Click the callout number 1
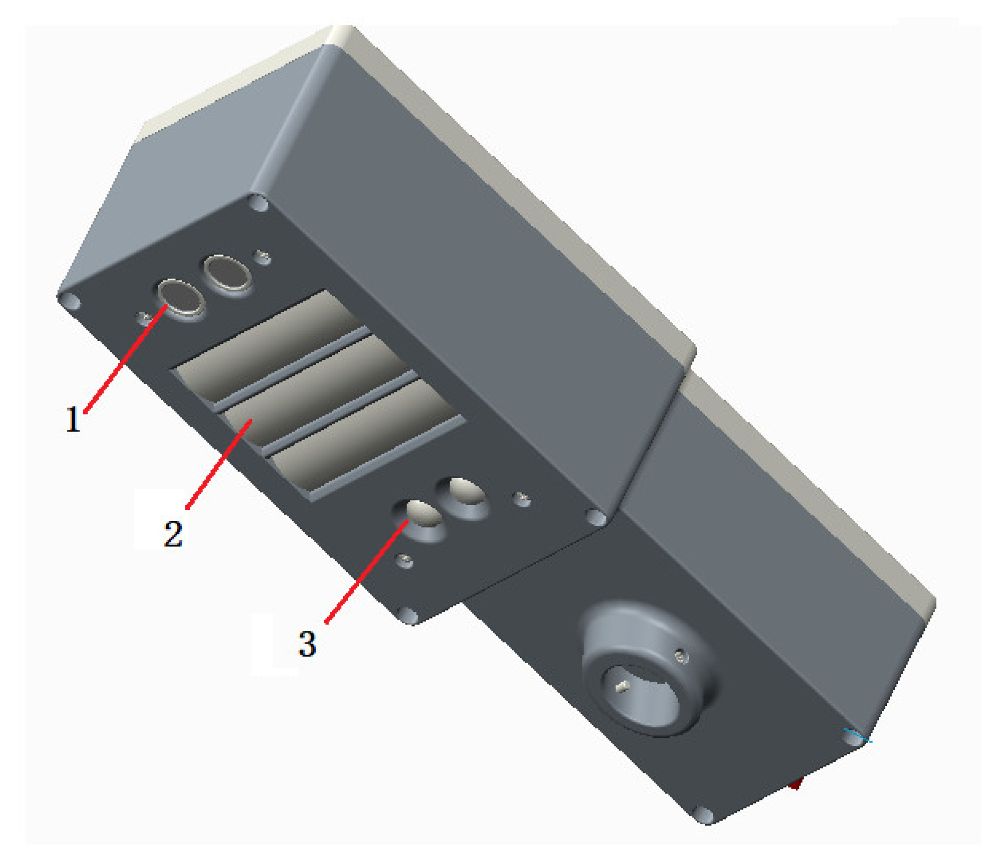[73, 419]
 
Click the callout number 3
[307, 644]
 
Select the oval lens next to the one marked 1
[228, 272]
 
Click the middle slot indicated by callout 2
[318, 390]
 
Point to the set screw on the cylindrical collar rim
[682, 657]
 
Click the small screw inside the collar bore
[622, 687]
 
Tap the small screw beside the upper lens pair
[264, 258]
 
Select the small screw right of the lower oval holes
[523, 498]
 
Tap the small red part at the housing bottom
[795, 784]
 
